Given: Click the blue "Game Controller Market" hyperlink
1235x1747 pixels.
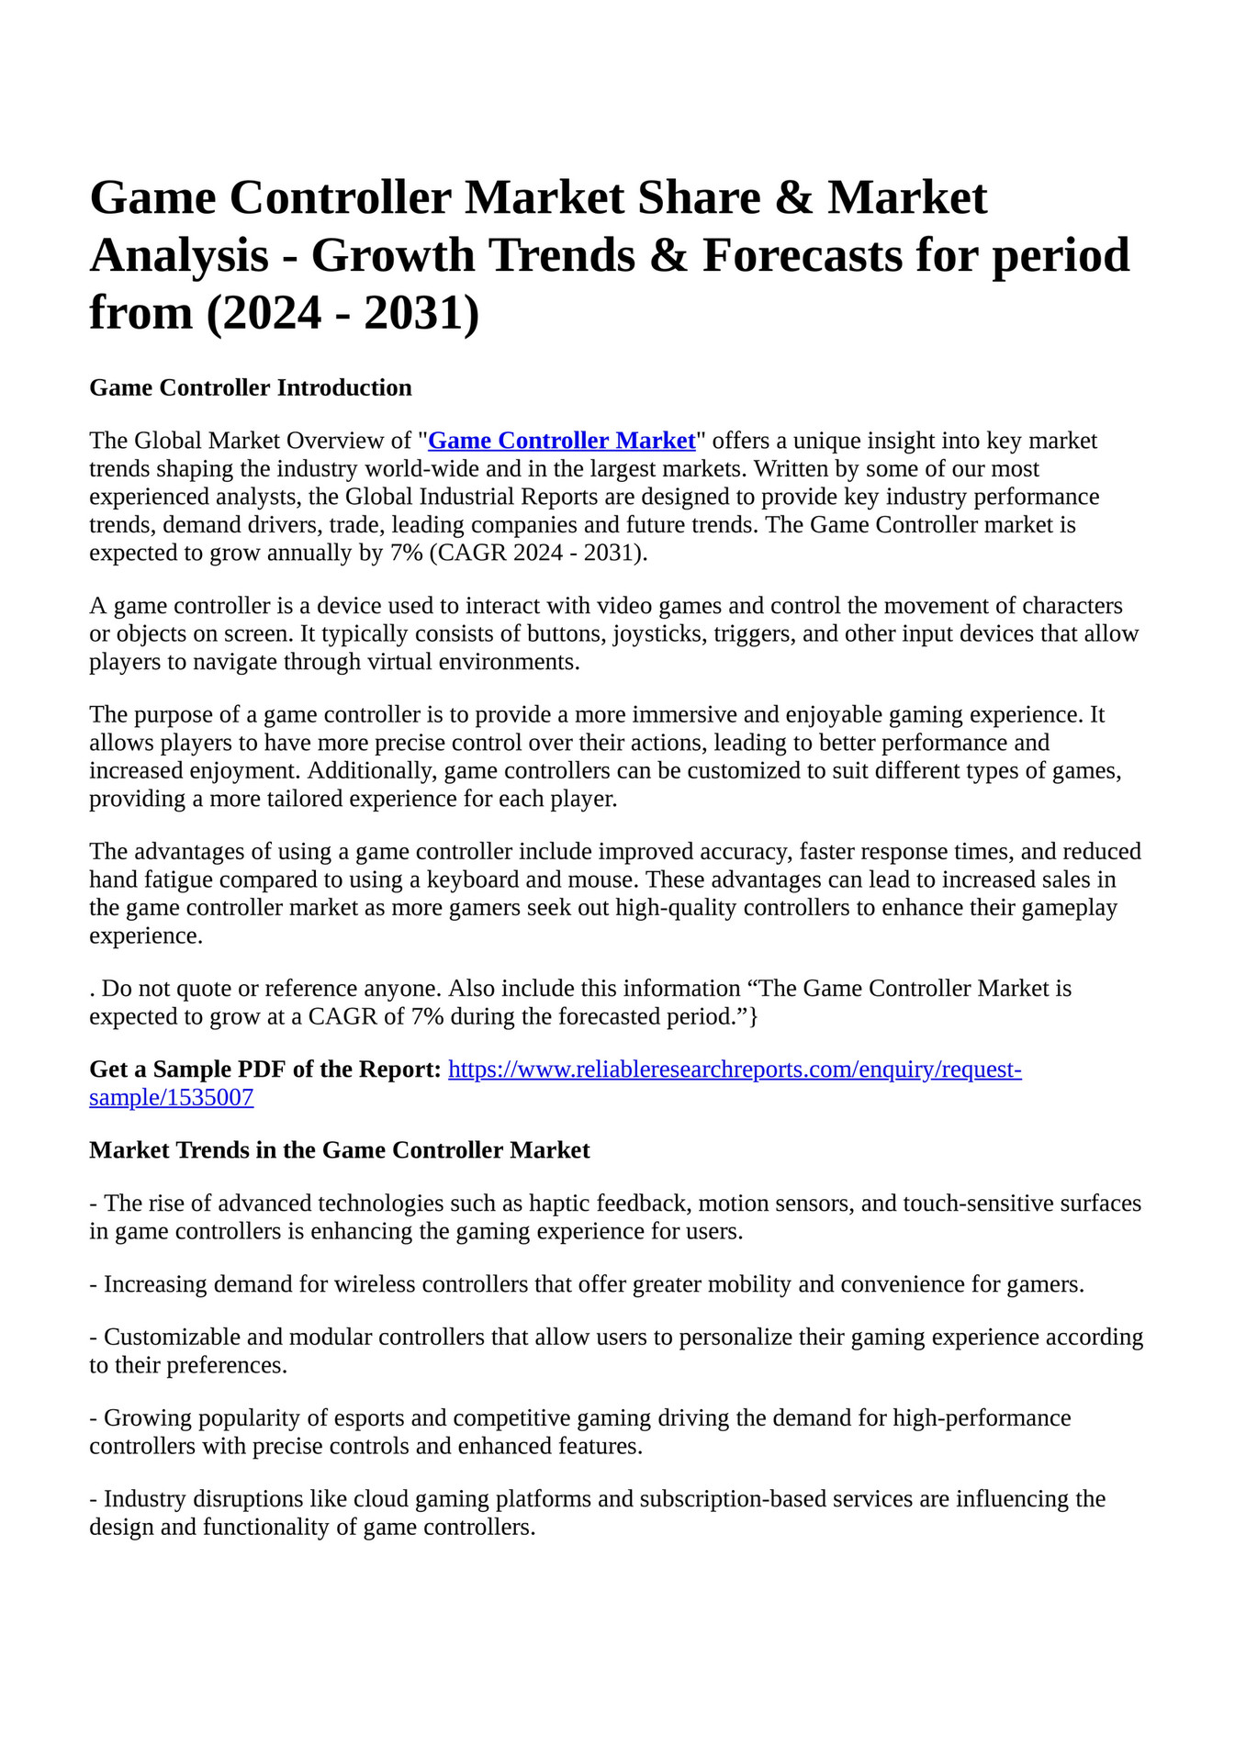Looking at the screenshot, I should click(561, 441).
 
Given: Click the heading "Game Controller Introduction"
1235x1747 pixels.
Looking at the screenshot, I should click(250, 387).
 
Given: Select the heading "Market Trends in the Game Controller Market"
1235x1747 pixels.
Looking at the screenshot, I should click(339, 1150).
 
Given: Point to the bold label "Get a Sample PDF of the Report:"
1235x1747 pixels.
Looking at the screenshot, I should click(264, 1069).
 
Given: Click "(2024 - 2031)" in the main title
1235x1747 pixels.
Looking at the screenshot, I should click(342, 313).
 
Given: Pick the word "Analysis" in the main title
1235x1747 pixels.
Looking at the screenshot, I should click(179, 255).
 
